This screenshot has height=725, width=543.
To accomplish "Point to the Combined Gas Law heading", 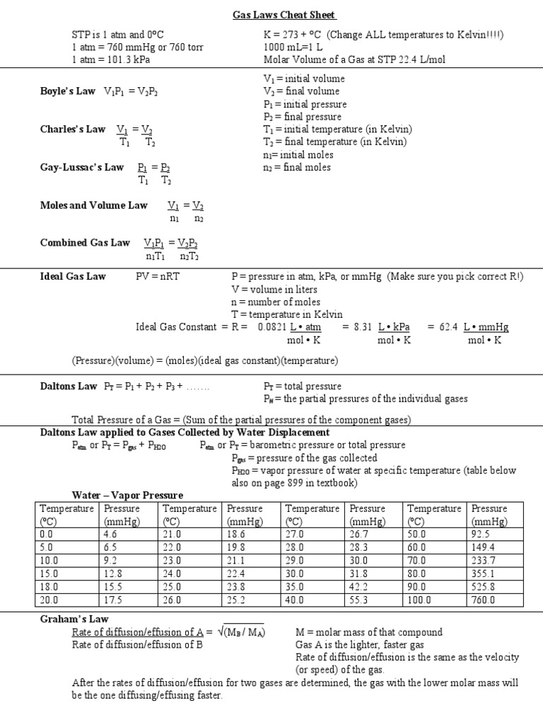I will click(85, 243).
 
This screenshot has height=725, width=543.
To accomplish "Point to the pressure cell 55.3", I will click(361, 600).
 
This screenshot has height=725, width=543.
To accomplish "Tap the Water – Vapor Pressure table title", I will click(127, 495).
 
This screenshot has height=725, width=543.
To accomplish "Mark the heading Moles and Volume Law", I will click(93, 205).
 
